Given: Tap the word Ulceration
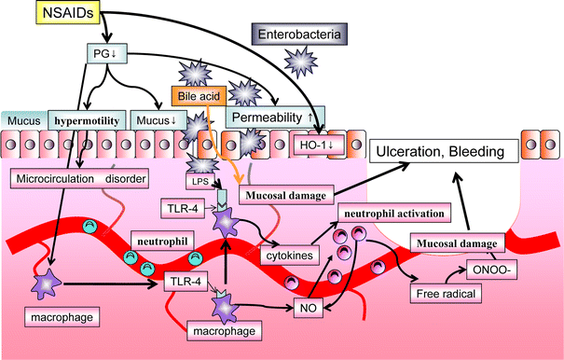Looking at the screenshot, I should [411, 151].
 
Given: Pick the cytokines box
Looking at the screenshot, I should [289, 254].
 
